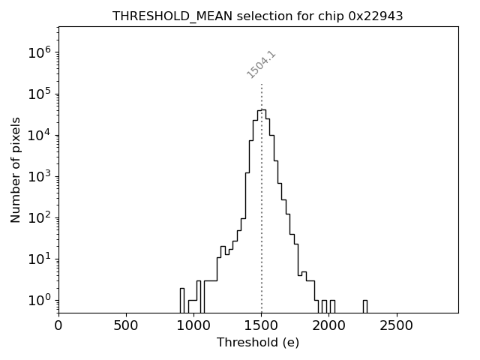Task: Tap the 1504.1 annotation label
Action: point(262,64)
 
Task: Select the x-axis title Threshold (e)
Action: point(258,343)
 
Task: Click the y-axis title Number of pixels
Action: point(16,169)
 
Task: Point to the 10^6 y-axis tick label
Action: point(39,52)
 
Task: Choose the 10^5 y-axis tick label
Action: point(39,94)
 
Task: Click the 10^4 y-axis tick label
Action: point(39,135)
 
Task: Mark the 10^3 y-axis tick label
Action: point(39,176)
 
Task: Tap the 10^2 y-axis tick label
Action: point(39,217)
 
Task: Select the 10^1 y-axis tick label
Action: point(39,259)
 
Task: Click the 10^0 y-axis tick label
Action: point(39,300)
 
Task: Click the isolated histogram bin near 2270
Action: point(364,306)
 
